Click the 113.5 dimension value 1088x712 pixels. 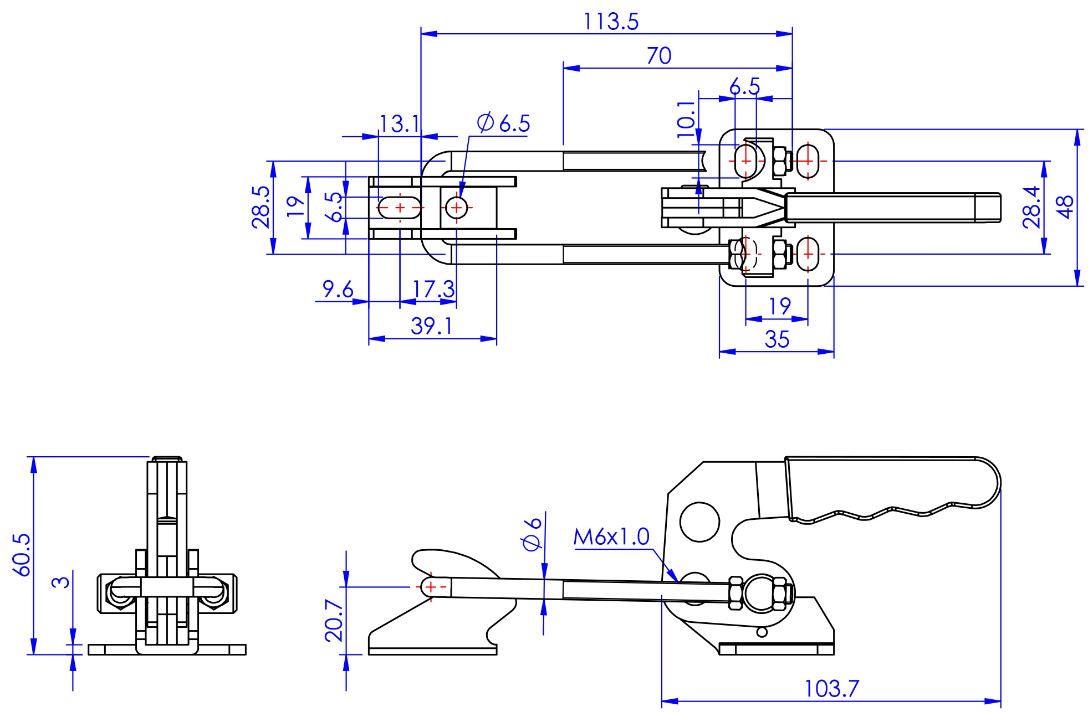[611, 22]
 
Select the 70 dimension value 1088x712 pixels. [659, 56]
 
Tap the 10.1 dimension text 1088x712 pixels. [686, 119]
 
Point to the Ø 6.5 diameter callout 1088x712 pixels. [503, 123]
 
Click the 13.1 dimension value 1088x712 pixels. [400, 124]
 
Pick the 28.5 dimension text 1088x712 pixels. [260, 207]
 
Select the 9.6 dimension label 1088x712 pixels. [338, 288]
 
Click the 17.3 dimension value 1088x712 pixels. [433, 289]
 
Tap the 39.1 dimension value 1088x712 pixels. [431, 326]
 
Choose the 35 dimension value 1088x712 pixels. [777, 339]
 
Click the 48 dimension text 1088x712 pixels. [1065, 207]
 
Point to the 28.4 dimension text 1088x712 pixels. [1031, 207]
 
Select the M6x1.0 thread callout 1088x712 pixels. [611, 536]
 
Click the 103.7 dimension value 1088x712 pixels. [831, 689]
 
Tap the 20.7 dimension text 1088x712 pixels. [334, 620]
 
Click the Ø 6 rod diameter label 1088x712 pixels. [532, 534]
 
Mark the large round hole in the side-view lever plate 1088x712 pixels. [699, 522]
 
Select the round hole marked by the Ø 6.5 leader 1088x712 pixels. [457, 208]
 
